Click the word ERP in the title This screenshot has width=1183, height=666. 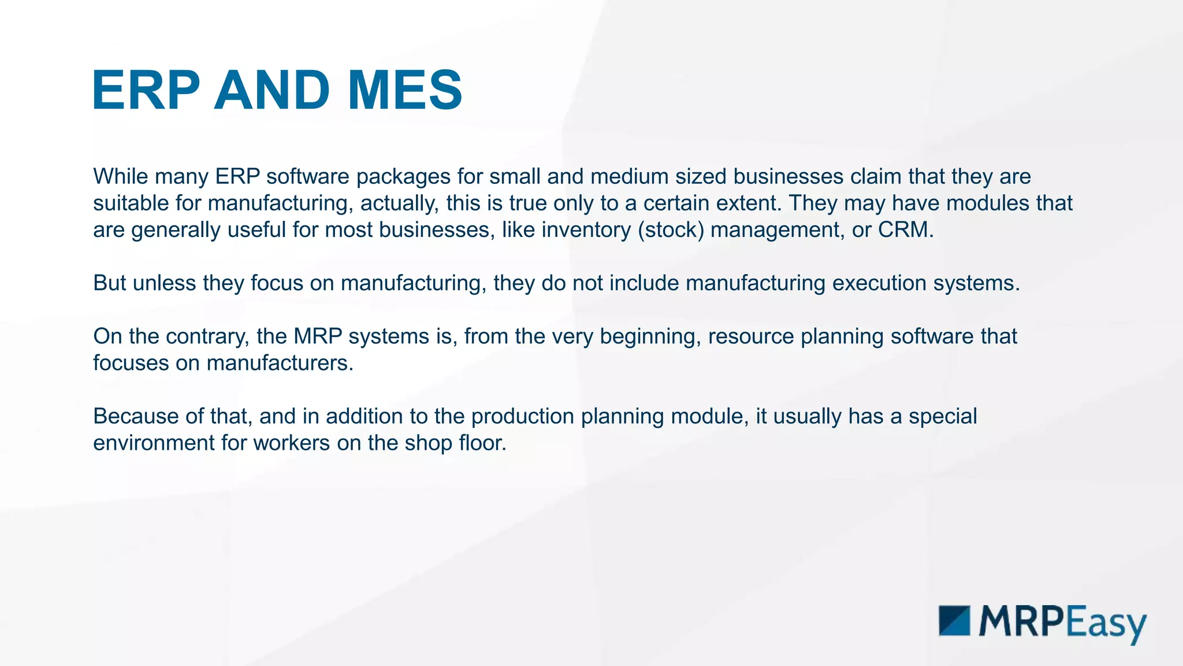click(x=146, y=91)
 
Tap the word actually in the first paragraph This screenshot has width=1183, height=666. click(x=397, y=203)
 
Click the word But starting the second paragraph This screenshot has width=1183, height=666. click(x=110, y=283)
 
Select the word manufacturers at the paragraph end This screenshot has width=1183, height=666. click(x=280, y=362)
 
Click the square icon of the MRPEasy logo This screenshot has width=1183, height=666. click(x=954, y=621)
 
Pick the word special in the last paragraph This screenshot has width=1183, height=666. click(x=942, y=416)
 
